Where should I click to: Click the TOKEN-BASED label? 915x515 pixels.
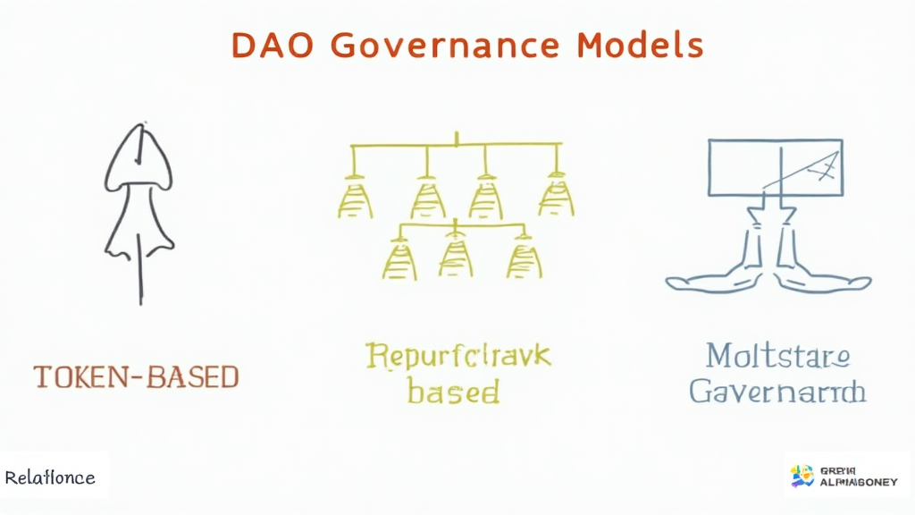point(137,376)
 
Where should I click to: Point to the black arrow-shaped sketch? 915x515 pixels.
point(138,206)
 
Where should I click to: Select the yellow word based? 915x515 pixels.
point(453,391)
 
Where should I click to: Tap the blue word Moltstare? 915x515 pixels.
point(776,355)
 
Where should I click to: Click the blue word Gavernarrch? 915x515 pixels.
point(777,391)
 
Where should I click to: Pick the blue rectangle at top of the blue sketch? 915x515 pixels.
point(775,166)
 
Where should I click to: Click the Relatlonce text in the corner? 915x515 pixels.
point(50,477)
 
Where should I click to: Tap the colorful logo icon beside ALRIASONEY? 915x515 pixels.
point(802,476)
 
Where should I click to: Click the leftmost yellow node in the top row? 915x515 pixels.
point(355,198)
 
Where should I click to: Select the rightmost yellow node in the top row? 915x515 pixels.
point(556,198)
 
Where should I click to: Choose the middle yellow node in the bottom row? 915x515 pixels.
point(456,257)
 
